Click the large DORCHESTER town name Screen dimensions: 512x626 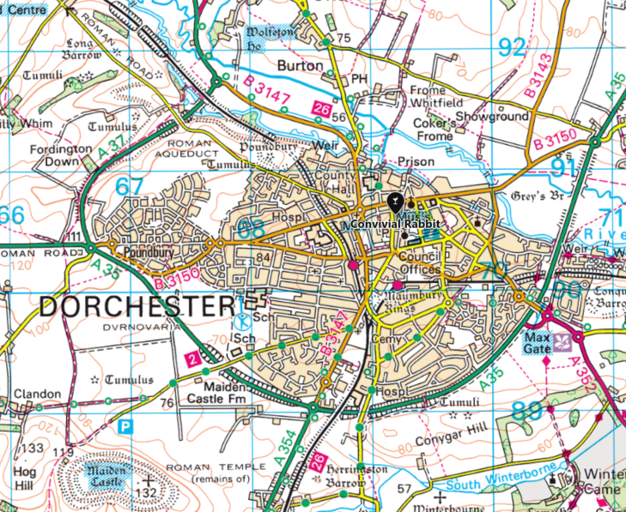136,305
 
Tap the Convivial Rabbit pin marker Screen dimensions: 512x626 394,203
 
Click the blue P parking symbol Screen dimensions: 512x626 126,425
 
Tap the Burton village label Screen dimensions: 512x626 300,65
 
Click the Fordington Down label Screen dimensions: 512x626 62,154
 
